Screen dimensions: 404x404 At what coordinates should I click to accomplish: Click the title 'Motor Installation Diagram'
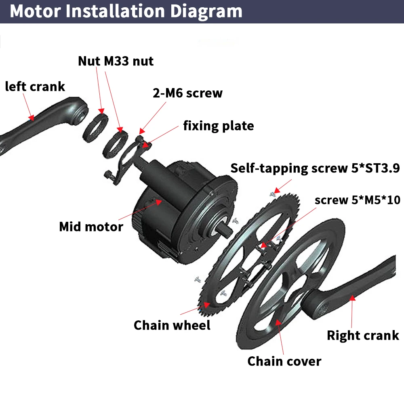click(x=126, y=11)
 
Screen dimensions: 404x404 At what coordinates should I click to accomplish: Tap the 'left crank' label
click(x=35, y=86)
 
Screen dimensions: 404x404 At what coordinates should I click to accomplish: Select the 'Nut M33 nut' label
click(x=116, y=61)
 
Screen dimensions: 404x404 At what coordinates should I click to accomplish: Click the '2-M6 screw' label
click(x=187, y=93)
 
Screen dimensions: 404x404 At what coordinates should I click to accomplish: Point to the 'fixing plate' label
click(x=218, y=126)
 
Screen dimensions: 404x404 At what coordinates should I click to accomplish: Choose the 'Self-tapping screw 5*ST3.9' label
click(x=315, y=168)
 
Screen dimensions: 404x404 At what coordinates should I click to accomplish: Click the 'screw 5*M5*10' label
click(x=357, y=200)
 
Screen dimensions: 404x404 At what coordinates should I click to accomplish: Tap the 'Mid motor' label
click(x=91, y=226)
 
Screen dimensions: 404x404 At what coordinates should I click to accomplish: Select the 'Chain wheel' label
click(x=172, y=325)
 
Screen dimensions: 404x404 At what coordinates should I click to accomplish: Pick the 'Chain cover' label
click(x=284, y=361)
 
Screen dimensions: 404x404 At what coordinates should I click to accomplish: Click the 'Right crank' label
click(x=362, y=335)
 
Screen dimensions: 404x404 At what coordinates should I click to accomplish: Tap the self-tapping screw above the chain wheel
click(x=273, y=194)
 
